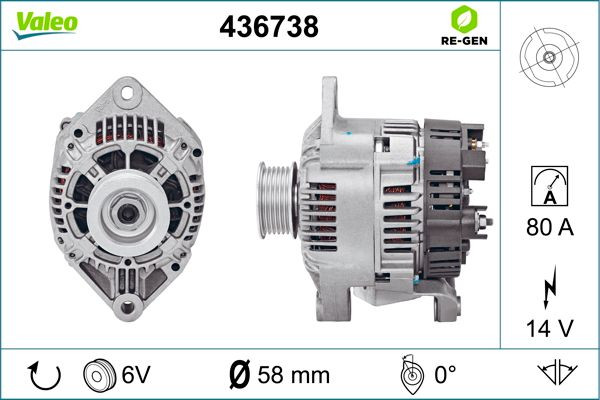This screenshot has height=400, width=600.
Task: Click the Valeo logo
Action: (x=45, y=25)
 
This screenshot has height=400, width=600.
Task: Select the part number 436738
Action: (x=269, y=27)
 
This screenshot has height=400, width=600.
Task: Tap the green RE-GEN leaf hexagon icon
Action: (x=464, y=19)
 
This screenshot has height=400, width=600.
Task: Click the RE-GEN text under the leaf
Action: (x=464, y=41)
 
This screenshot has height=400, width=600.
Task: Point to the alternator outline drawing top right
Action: (x=549, y=57)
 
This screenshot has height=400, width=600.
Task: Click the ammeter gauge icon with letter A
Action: (x=549, y=186)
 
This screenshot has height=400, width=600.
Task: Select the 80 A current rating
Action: (x=550, y=227)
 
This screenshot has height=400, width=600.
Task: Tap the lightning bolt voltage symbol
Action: (x=550, y=287)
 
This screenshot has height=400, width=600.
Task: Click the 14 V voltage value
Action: (x=550, y=328)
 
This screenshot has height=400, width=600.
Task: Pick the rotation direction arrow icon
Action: (x=44, y=376)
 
